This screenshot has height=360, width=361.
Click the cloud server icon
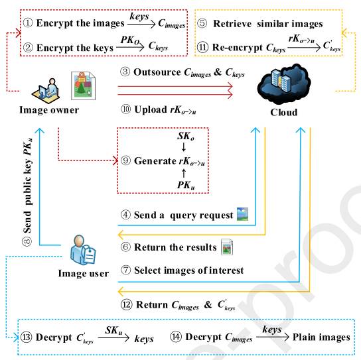tap(284, 84)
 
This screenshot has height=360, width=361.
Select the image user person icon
tap(83, 250)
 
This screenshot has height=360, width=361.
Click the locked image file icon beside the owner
tap(83, 86)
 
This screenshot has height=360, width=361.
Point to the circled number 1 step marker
tap(28, 23)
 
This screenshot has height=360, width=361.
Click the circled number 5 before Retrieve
tap(202, 23)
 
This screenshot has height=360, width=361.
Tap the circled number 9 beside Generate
tap(125, 160)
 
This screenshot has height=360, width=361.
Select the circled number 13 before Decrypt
tap(26, 337)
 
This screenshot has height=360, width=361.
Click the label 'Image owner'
tap(49, 110)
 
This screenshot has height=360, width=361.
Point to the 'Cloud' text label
tap(284, 112)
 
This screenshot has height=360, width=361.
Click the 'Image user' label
tap(84, 273)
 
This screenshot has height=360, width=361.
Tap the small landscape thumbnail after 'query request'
tap(243, 214)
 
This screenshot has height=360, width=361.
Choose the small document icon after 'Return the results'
tap(227, 247)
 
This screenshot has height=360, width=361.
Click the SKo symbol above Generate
tap(186, 136)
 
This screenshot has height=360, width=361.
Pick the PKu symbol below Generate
tap(186, 185)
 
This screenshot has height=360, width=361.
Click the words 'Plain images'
tap(321, 337)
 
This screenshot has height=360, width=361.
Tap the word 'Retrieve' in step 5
tap(232, 24)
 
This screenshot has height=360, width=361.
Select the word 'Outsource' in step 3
tap(157, 72)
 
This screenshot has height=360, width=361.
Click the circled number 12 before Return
tap(127, 304)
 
